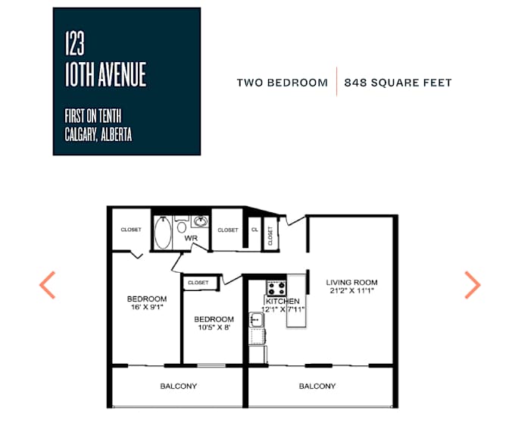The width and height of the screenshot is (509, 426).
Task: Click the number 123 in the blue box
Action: [75, 43]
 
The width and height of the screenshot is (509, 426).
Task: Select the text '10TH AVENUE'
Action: [105, 74]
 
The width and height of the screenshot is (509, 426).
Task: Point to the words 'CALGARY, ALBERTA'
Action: [98, 134]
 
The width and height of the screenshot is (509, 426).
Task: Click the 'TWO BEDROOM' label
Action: [282, 83]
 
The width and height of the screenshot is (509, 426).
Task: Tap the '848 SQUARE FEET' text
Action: [398, 83]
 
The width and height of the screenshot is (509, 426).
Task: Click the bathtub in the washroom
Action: [163, 233]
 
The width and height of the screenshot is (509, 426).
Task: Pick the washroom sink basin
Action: [200, 221]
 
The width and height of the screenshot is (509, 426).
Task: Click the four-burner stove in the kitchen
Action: [276, 288]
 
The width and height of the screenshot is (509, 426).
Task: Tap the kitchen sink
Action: [257, 321]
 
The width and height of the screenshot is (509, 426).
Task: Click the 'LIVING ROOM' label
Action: [352, 283]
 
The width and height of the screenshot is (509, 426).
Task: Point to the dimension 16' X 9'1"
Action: [147, 307]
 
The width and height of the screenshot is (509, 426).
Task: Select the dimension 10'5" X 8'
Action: [214, 327]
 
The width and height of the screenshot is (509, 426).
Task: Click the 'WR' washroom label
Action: [191, 238]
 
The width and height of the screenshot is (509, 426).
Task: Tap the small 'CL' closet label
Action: [254, 230]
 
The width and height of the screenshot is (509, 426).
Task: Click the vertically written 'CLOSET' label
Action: [270, 236]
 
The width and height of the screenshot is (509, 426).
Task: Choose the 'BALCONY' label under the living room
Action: [317, 386]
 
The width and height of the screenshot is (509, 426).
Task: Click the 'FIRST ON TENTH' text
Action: [93, 116]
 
